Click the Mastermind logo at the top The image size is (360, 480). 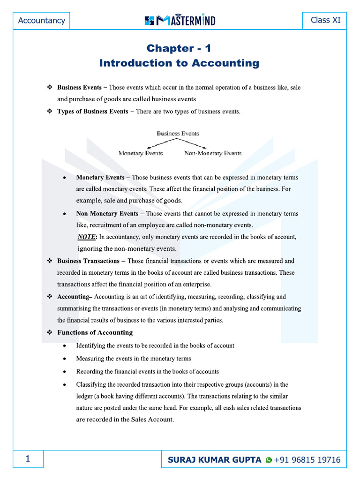pyautogui.click(x=180, y=20)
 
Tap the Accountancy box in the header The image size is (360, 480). pyautogui.click(x=41, y=21)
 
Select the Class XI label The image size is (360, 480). pyautogui.click(x=326, y=20)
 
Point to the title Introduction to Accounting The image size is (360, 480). pyautogui.click(x=179, y=63)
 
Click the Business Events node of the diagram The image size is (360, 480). pyautogui.click(x=178, y=134)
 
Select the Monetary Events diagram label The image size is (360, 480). pyautogui.click(x=141, y=153)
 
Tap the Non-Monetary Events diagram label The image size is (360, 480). pyautogui.click(x=213, y=153)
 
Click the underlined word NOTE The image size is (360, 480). pyautogui.click(x=86, y=237)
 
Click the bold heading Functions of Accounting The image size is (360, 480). pyautogui.click(x=95, y=332)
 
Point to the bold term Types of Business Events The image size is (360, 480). pyautogui.click(x=92, y=111)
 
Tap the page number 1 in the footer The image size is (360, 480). pyautogui.click(x=28, y=460)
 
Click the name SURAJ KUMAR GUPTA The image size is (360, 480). pyautogui.click(x=215, y=460)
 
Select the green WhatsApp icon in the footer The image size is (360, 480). pyautogui.click(x=269, y=461)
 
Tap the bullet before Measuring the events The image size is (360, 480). pyautogui.click(x=64, y=359)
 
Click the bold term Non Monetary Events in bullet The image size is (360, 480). pyautogui.click(x=107, y=213)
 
